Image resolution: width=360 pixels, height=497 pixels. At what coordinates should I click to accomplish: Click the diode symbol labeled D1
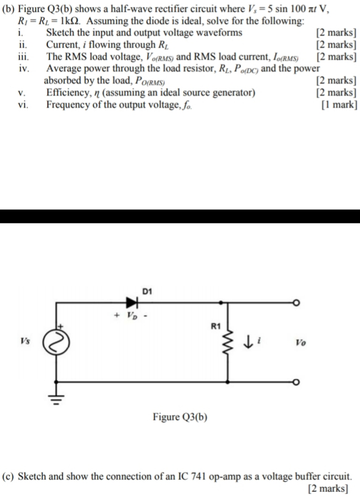(132, 302)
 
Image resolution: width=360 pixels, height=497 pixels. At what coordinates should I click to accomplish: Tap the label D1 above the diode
(147, 290)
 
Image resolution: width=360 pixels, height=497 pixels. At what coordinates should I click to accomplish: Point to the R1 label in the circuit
(214, 326)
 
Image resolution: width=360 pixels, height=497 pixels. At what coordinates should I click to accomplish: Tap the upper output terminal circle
(296, 303)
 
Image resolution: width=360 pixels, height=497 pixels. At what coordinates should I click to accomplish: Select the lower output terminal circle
(296, 382)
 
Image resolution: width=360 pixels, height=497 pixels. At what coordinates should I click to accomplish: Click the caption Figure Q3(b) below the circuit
(180, 417)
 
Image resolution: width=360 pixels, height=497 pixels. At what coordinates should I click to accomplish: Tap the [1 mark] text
(339, 104)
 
